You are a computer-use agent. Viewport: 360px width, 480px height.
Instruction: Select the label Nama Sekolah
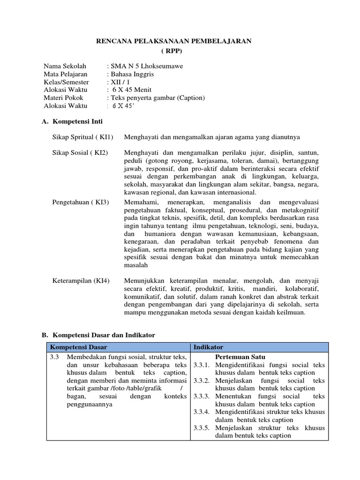pyautogui.click(x=65, y=66)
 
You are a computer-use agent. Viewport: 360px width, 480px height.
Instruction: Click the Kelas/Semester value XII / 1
pyautogui.click(x=118, y=82)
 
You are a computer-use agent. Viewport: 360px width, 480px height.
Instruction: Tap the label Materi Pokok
pyautogui.click(x=63, y=98)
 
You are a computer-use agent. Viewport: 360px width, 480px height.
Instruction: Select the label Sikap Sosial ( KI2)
pyautogui.click(x=80, y=153)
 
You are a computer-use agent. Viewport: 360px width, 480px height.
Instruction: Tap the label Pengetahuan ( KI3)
pyautogui.click(x=81, y=202)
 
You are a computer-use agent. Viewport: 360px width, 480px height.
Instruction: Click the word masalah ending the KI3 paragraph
pyautogui.click(x=136, y=265)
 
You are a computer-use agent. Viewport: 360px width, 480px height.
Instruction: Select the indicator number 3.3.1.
pyautogui.click(x=201, y=364)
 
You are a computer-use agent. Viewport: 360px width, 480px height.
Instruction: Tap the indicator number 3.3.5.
pyautogui.click(x=201, y=428)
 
